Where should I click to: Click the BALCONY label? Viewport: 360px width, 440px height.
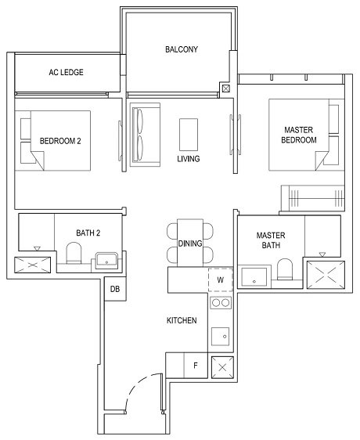click(x=181, y=49)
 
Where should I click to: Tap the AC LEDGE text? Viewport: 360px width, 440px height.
click(x=66, y=73)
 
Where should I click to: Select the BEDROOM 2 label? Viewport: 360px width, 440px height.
click(x=61, y=141)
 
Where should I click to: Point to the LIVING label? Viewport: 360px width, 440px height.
click(x=189, y=159)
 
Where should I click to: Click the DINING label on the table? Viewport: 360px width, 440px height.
click(x=189, y=243)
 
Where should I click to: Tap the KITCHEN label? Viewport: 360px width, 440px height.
click(x=181, y=321)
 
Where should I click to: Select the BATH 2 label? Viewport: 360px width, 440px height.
click(x=88, y=233)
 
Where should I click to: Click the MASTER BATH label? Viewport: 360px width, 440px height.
click(x=271, y=240)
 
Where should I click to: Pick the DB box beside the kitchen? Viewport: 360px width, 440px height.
click(x=115, y=289)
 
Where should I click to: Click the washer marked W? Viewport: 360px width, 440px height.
click(x=220, y=280)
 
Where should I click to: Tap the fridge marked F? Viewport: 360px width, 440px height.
click(x=195, y=365)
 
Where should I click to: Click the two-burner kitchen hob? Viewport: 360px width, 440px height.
click(x=221, y=302)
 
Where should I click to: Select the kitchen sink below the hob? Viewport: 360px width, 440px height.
click(x=221, y=334)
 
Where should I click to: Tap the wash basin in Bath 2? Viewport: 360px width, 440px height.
click(x=107, y=259)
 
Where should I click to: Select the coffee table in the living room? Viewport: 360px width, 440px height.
click(x=189, y=134)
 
